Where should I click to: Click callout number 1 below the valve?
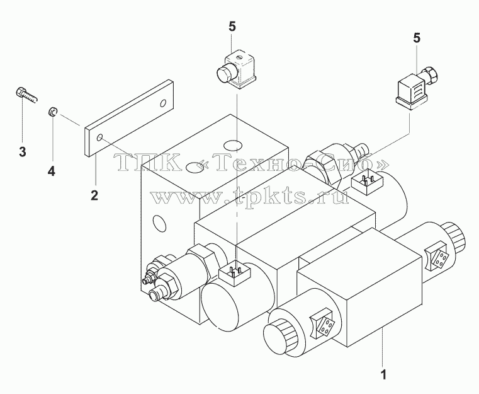point(383,374)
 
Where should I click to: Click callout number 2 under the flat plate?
point(94,195)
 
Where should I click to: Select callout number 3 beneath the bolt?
point(23,152)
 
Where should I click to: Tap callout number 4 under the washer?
point(52,171)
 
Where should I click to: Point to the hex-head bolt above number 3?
point(25,95)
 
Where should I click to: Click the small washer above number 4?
point(52,112)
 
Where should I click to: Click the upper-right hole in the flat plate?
point(164,103)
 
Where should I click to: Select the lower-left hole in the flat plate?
point(99,138)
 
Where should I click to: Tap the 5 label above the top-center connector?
point(232,27)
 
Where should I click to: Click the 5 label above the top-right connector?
point(417,38)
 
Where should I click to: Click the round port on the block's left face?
point(159,224)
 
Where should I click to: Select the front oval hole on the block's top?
point(196,167)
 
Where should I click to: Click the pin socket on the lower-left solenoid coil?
point(235,272)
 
